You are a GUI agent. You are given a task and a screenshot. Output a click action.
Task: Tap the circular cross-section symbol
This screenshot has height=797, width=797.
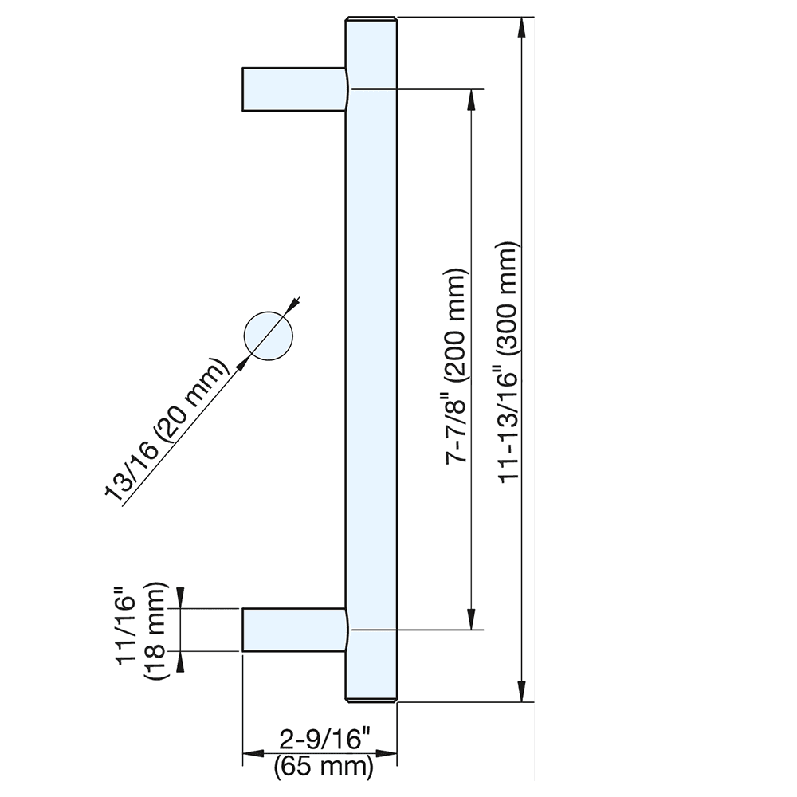pos(269,335)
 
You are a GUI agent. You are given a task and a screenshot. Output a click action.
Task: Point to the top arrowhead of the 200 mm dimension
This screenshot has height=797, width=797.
pos(472,100)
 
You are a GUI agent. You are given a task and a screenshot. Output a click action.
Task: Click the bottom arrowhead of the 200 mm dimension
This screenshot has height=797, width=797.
pos(472,618)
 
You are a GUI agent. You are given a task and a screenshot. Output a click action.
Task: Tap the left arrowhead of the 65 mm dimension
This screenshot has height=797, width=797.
pos(253,753)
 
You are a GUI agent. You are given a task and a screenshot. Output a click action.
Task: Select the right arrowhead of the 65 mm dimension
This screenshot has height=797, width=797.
pos(387,753)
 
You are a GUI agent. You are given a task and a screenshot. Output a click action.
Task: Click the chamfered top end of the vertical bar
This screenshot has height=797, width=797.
pos(371,21)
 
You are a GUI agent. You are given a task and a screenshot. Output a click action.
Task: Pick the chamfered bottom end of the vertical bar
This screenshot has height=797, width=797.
pos(371,699)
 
